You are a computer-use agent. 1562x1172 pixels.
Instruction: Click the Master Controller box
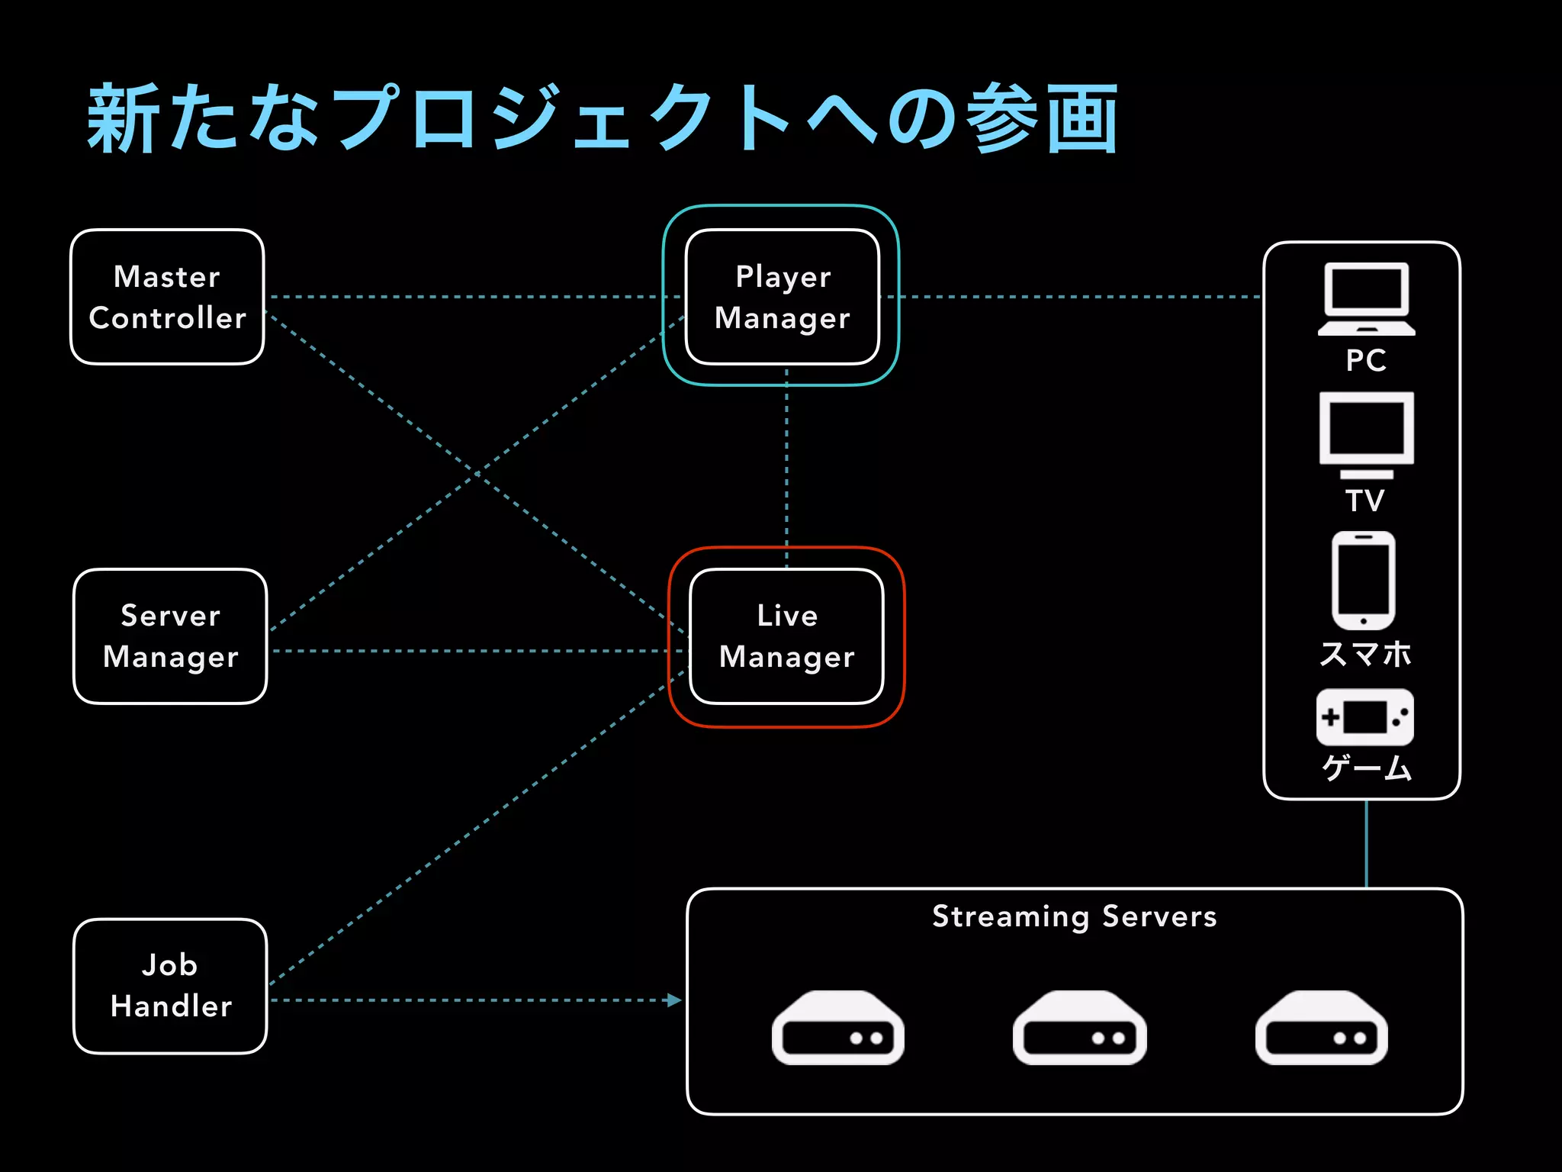pyautogui.click(x=167, y=297)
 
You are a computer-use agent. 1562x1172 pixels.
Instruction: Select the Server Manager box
pyautogui.click(x=170, y=636)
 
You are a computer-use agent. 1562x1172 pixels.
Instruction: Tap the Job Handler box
pyautogui.click(x=170, y=986)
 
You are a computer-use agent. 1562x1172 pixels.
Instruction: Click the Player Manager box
pyautogui.click(x=782, y=297)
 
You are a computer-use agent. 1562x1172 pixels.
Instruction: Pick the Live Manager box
pyautogui.click(x=786, y=636)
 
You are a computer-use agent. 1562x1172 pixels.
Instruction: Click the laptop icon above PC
pyautogui.click(x=1366, y=299)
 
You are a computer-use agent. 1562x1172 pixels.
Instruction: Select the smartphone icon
pyautogui.click(x=1364, y=580)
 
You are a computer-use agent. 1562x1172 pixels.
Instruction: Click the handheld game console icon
pyautogui.click(x=1364, y=717)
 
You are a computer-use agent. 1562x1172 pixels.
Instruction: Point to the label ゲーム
pyautogui.click(x=1366, y=768)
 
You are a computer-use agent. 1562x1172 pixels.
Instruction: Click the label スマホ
pyautogui.click(x=1365, y=654)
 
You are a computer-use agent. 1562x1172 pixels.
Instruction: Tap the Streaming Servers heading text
pyautogui.click(x=1074, y=916)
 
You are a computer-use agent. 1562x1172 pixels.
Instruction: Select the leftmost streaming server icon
pyautogui.click(x=837, y=1028)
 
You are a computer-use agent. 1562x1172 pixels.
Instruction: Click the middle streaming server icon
pyautogui.click(x=1079, y=1028)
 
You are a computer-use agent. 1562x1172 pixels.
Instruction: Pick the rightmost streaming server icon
pyautogui.click(x=1321, y=1028)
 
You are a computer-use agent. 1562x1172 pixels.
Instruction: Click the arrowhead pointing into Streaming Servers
pyautogui.click(x=673, y=1000)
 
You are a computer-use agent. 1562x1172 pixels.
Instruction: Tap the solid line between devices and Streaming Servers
pyautogui.click(x=1366, y=844)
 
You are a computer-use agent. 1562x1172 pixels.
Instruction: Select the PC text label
pyautogui.click(x=1365, y=360)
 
